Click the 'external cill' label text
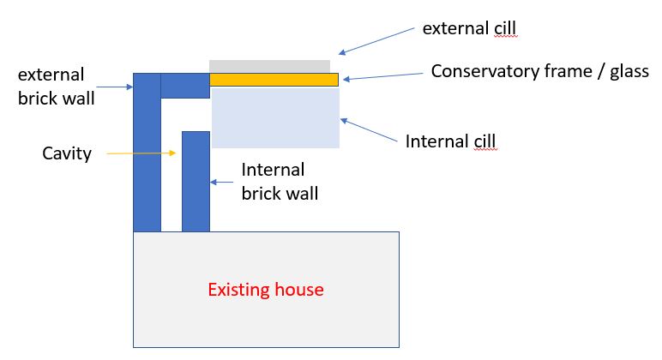click(x=469, y=28)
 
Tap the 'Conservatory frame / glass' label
click(x=540, y=71)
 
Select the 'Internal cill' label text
click(x=450, y=141)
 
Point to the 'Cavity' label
click(x=67, y=153)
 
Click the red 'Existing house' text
click(x=266, y=290)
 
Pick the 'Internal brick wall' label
click(x=280, y=182)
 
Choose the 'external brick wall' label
click(x=56, y=87)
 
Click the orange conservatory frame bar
click(x=274, y=80)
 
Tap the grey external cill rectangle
click(x=270, y=67)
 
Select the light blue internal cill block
click(x=275, y=117)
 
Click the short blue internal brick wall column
click(x=196, y=182)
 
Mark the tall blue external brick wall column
click(x=147, y=153)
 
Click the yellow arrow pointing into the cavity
click(x=141, y=153)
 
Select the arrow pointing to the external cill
click(x=376, y=41)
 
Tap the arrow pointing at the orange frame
click(x=383, y=76)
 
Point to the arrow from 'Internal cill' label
click(x=369, y=130)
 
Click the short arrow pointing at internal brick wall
click(x=221, y=183)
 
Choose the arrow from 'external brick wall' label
click(x=115, y=87)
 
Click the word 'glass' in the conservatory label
click(x=629, y=72)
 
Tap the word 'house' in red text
click(x=299, y=290)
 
